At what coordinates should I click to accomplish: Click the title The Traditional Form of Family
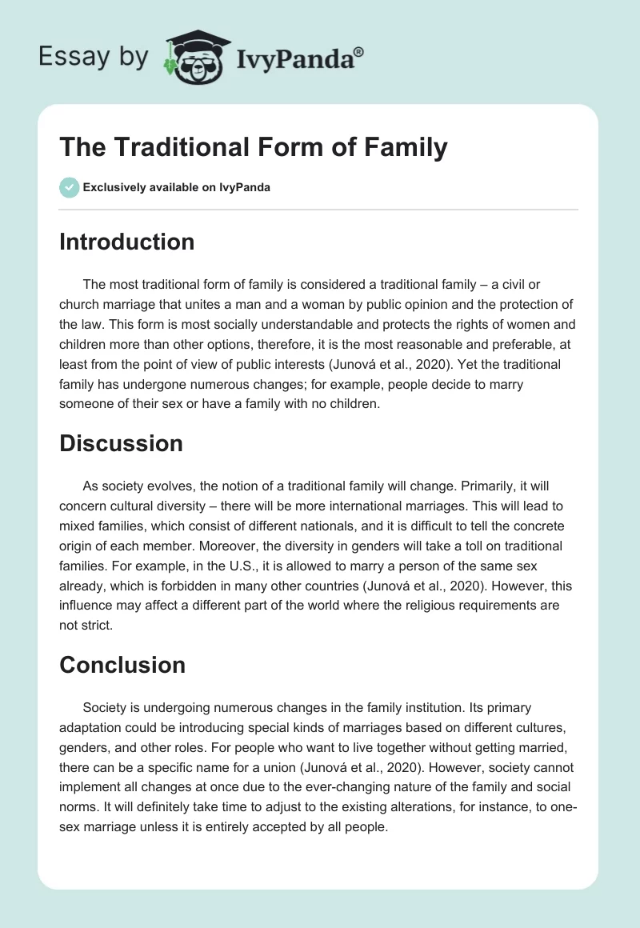coord(253,147)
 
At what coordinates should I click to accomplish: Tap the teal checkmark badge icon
coord(69,187)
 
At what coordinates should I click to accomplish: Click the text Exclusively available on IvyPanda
coord(176,187)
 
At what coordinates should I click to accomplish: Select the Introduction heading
coord(126,242)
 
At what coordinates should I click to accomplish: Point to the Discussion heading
coord(121,443)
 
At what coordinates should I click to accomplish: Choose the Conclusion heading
coord(122,665)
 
